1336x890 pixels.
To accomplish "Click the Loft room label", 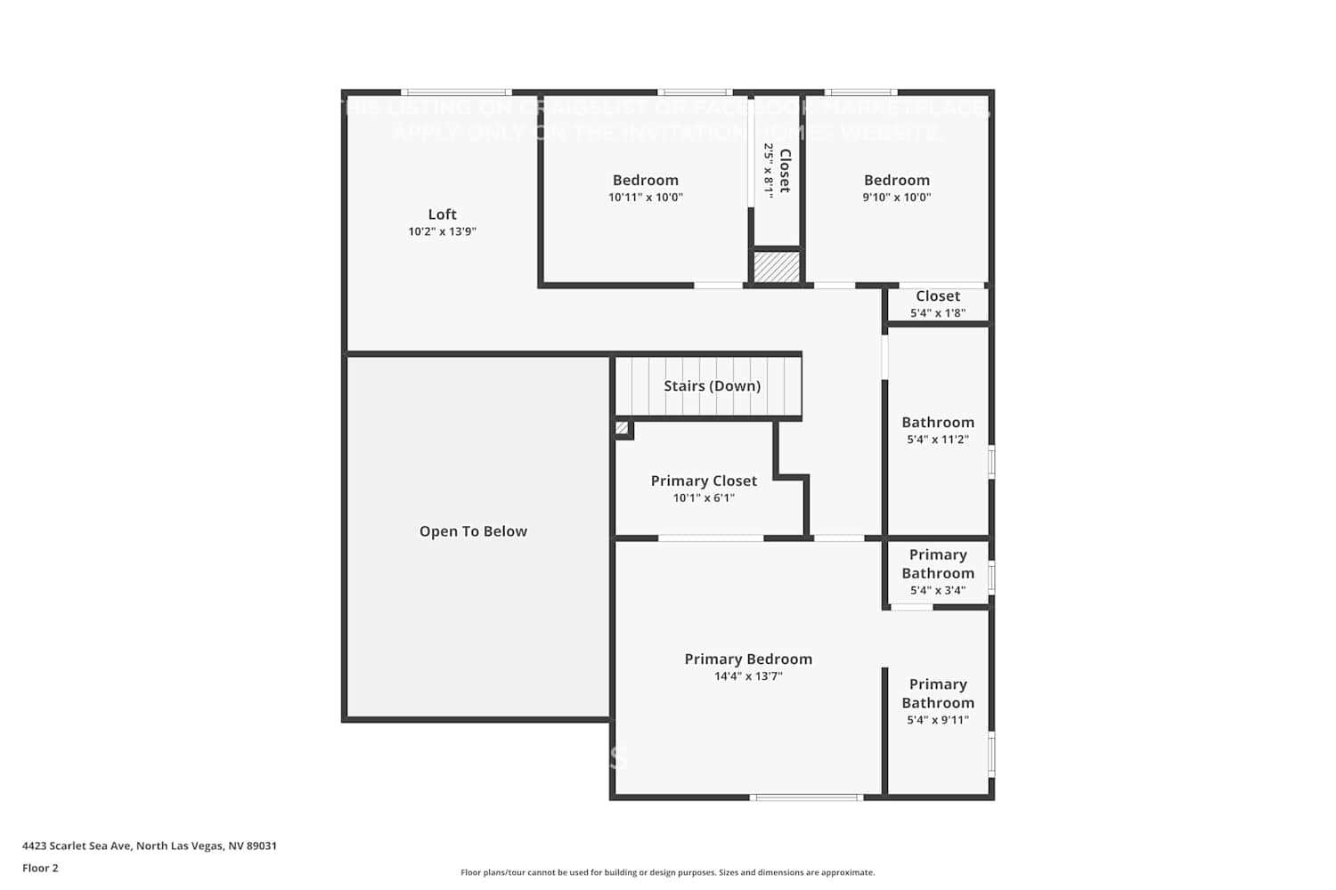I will pos(442,214).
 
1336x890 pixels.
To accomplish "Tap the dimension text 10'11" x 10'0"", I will pos(646,198).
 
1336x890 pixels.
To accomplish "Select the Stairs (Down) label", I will pos(712,385).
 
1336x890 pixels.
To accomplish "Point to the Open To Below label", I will pos(473,531).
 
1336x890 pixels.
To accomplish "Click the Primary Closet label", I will pos(704,481).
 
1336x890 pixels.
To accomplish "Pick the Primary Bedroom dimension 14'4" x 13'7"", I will pos(748,676).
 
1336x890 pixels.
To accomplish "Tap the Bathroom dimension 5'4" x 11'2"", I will pos(938,440).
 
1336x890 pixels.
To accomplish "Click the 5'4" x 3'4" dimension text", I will pos(938,590).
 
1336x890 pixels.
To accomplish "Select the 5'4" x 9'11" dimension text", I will pos(938,720).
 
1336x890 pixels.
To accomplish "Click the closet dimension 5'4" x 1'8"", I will pos(938,313).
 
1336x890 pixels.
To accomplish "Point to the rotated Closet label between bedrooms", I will pos(785,171).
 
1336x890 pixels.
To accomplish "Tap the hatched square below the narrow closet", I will pos(777,267).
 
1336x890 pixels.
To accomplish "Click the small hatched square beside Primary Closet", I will pos(623,429).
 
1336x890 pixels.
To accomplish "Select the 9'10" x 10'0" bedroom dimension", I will pos(896,198).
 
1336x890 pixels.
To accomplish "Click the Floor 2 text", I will pos(40,868).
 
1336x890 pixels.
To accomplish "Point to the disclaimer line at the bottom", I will pos(667,872).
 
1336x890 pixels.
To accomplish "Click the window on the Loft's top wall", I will pos(456,92).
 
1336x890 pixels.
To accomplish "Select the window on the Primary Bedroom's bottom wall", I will pos(806,797).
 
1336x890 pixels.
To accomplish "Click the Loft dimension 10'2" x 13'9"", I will pos(442,231).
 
